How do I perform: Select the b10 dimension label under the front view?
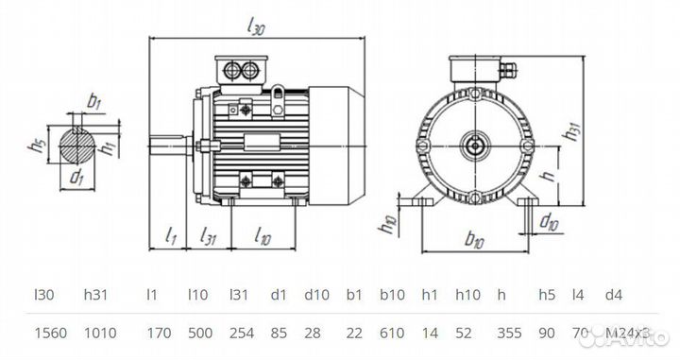tap(474, 242)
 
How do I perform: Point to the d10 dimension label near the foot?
tap(547, 222)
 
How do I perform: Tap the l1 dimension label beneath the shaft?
tap(171, 235)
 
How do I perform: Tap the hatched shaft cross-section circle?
tap(79, 145)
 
